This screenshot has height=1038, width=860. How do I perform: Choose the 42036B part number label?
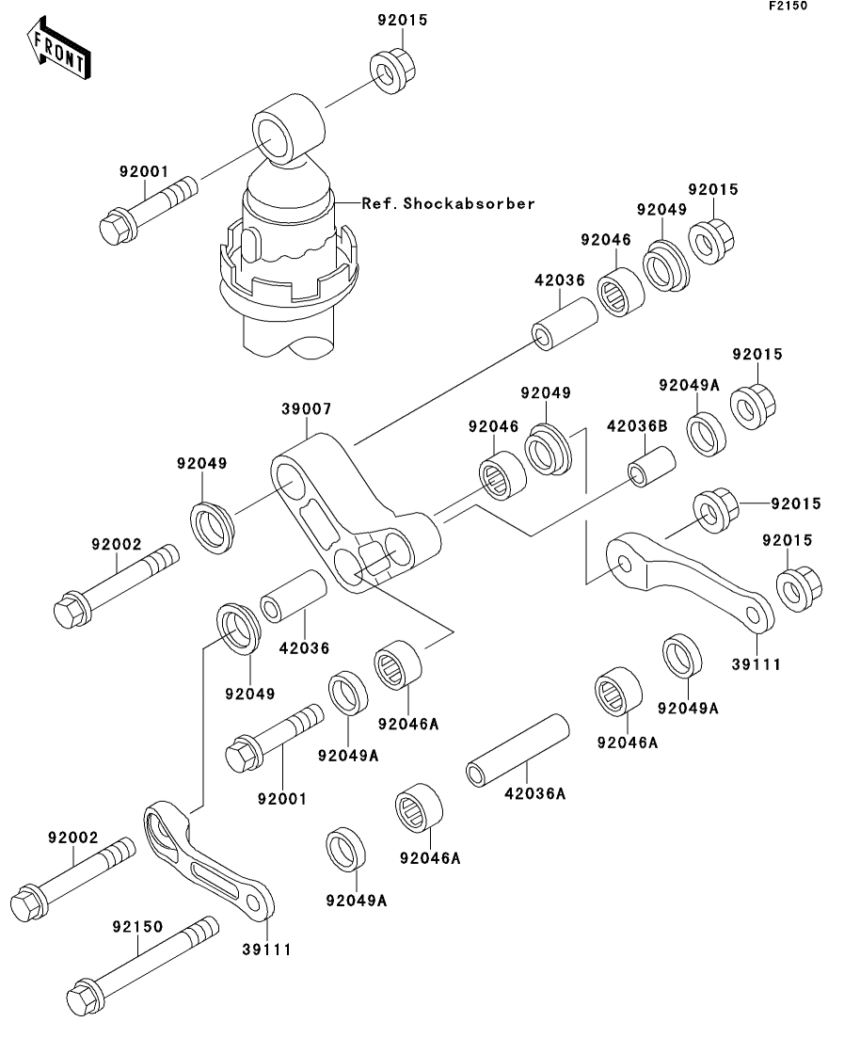click(636, 426)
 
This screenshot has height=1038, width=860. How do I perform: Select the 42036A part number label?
click(534, 794)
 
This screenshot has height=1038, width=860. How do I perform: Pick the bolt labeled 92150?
click(141, 966)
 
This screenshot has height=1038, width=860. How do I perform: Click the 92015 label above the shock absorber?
click(394, 20)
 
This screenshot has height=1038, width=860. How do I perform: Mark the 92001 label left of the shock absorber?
click(143, 172)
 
